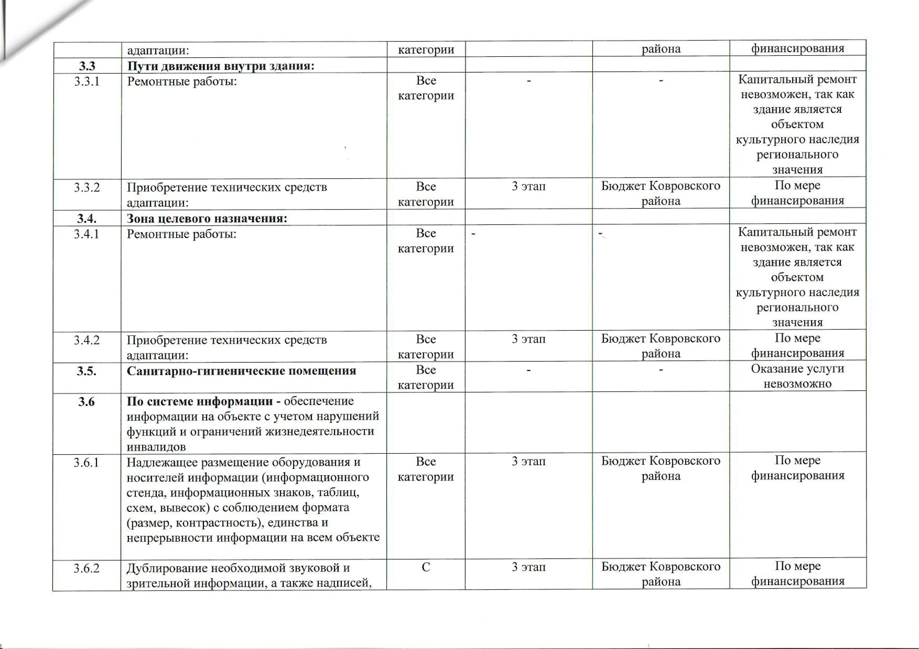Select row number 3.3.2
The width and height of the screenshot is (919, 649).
click(x=87, y=187)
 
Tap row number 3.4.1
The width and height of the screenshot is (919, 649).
click(x=87, y=234)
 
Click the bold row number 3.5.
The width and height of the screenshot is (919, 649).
click(x=87, y=371)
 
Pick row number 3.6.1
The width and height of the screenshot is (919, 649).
click(x=87, y=463)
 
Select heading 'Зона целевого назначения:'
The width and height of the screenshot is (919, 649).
click(x=207, y=219)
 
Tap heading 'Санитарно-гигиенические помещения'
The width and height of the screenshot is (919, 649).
click(x=241, y=371)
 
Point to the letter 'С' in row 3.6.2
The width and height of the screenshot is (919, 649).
click(x=426, y=567)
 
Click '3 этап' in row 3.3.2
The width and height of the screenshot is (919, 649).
click(x=528, y=186)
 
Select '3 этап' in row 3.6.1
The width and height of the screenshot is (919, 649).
click(x=528, y=462)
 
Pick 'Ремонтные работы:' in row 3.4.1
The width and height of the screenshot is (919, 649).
click(x=182, y=234)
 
